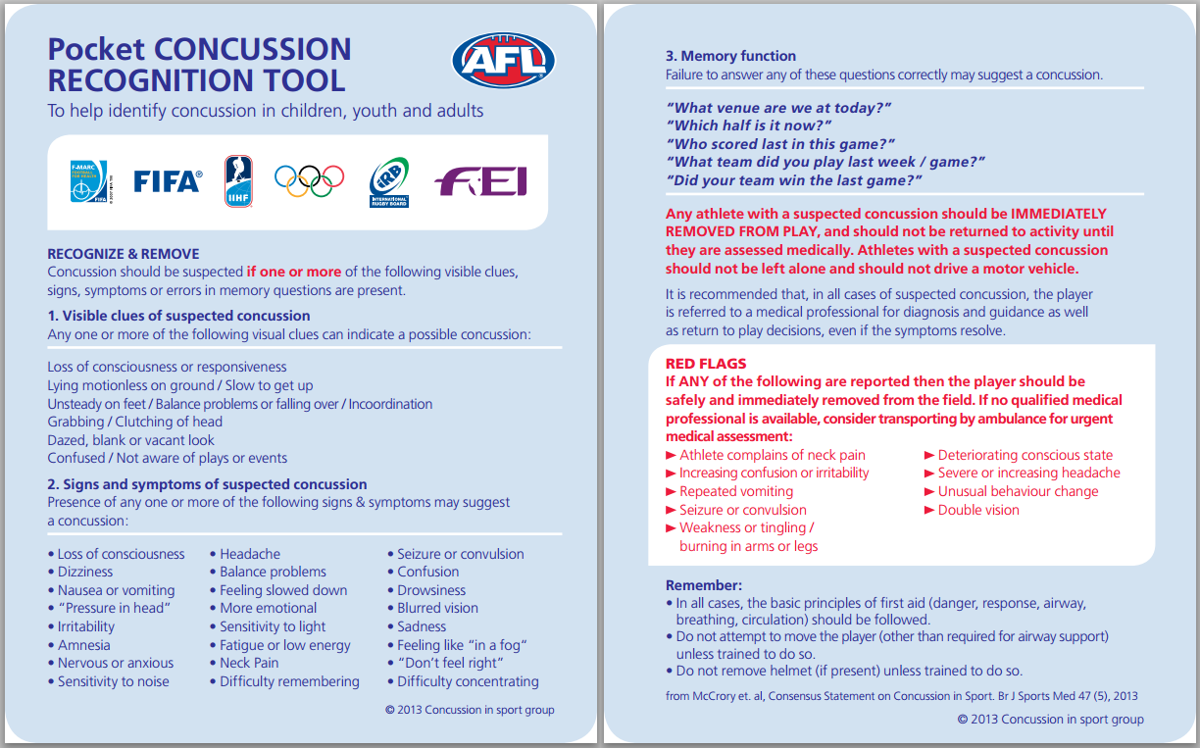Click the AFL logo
(x=503, y=62)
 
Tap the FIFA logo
(x=168, y=181)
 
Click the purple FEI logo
(x=481, y=181)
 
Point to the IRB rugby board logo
(x=389, y=181)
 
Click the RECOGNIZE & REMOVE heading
(x=124, y=254)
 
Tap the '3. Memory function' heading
(x=731, y=56)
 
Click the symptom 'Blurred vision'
(x=437, y=608)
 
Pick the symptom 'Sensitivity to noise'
(x=113, y=681)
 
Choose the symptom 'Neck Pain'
(x=249, y=663)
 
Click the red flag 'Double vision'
(x=977, y=510)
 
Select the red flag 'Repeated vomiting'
(x=736, y=491)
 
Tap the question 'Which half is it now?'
(x=749, y=125)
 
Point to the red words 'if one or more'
(x=294, y=272)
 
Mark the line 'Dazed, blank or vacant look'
(x=131, y=440)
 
